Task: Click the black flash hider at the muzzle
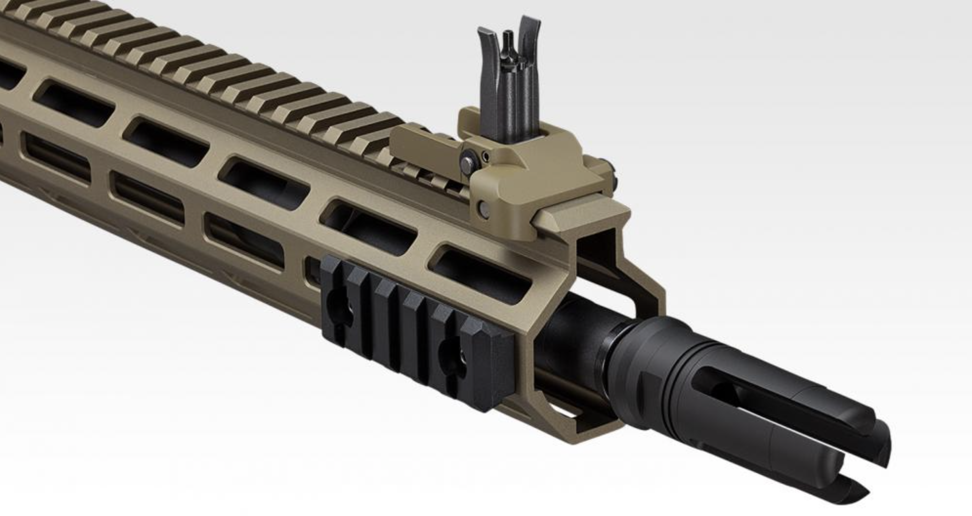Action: point(762,391)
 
